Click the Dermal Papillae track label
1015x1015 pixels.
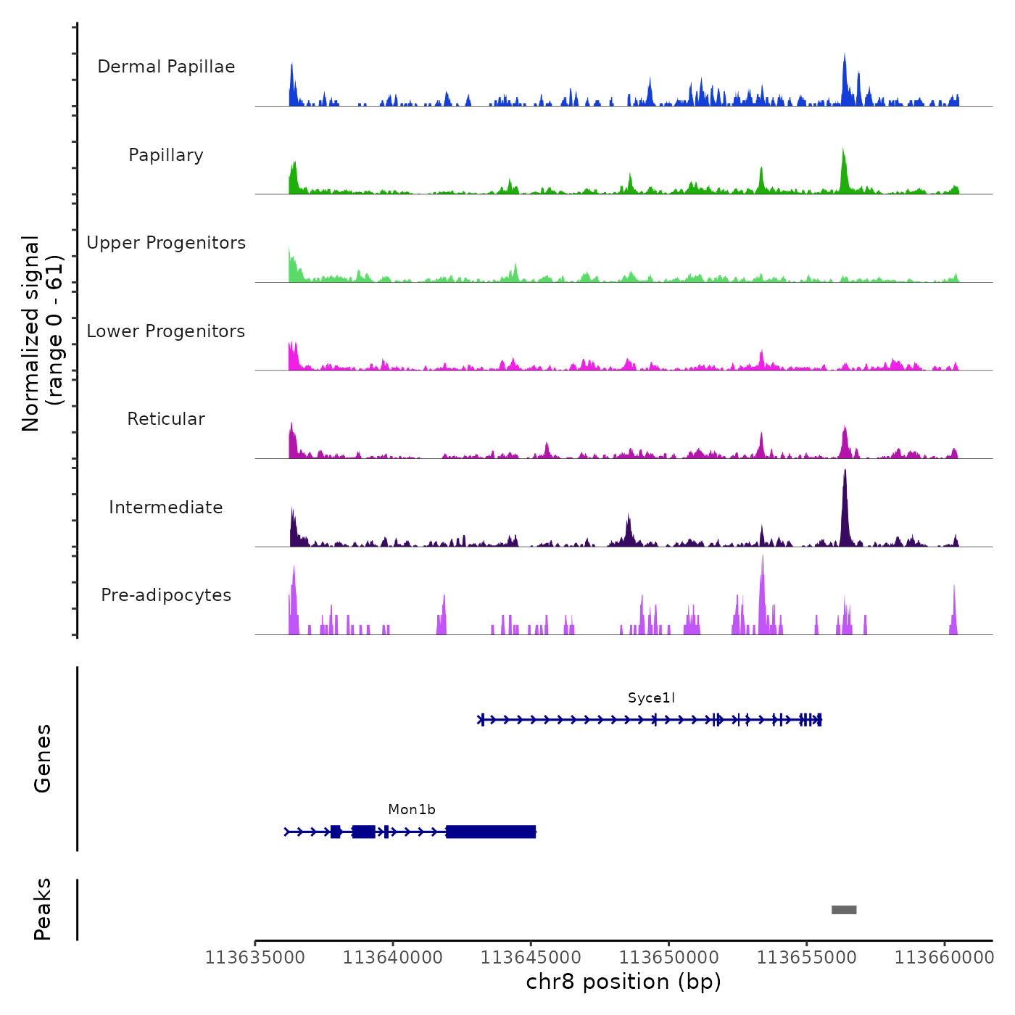pyautogui.click(x=166, y=67)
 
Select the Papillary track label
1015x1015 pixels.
pyautogui.click(x=166, y=155)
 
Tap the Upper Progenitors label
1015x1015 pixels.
pyautogui.click(x=166, y=243)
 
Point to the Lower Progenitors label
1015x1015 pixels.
pyautogui.click(x=166, y=331)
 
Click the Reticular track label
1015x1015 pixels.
pyautogui.click(x=166, y=419)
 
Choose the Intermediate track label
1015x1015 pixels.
pyautogui.click(x=166, y=507)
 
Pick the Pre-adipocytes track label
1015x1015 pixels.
pyautogui.click(x=166, y=595)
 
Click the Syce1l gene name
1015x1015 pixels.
pyautogui.click(x=651, y=698)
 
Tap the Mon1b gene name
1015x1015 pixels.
pyautogui.click(x=412, y=810)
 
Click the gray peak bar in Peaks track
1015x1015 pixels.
pyautogui.click(x=844, y=910)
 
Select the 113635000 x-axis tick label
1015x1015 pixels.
pyautogui.click(x=255, y=958)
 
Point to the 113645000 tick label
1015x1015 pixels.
pyautogui.click(x=531, y=958)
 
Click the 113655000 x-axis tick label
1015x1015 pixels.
pyautogui.click(x=806, y=958)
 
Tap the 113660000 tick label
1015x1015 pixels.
pyautogui.click(x=944, y=958)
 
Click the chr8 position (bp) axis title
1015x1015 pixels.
pyautogui.click(x=623, y=982)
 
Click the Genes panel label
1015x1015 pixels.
pyautogui.click(x=43, y=758)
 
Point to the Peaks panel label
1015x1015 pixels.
pyautogui.click(x=43, y=909)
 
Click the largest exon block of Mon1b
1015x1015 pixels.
pyautogui.click(x=491, y=832)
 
